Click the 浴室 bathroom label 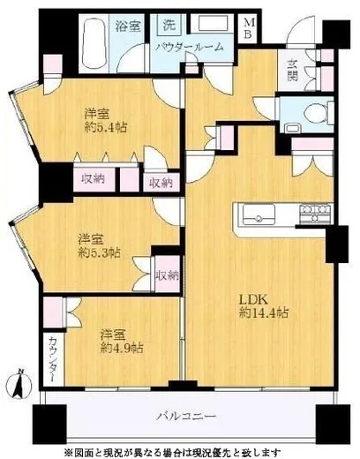coord(127,26)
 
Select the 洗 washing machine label coord(165,25)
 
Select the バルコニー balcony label coord(186,414)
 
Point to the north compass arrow coord(19,386)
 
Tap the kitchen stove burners coord(314,211)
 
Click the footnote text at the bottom coord(186,448)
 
